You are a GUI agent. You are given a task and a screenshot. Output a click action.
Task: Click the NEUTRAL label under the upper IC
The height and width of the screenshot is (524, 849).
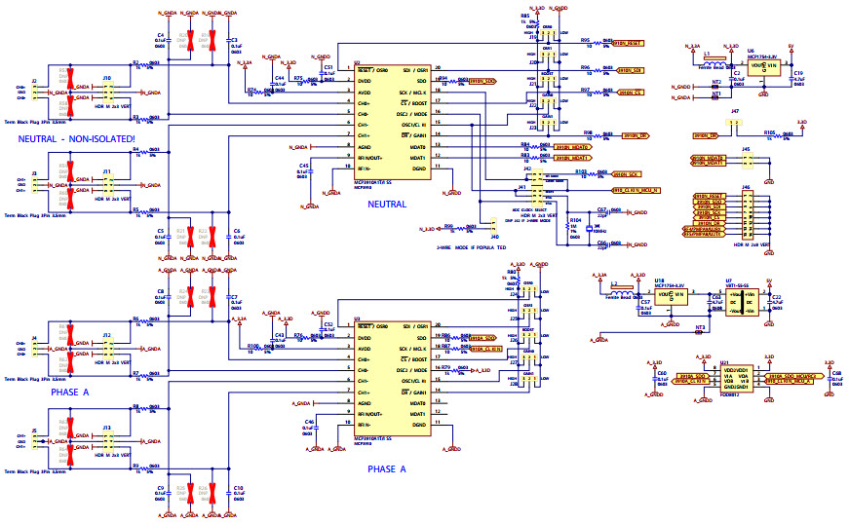pyautogui.click(x=387, y=204)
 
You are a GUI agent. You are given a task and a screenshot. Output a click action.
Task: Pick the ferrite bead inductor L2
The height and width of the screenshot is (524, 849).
pyautogui.click(x=621, y=290)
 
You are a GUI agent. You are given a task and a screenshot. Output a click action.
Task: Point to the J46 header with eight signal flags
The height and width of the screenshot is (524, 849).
pyautogui.click(x=748, y=214)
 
